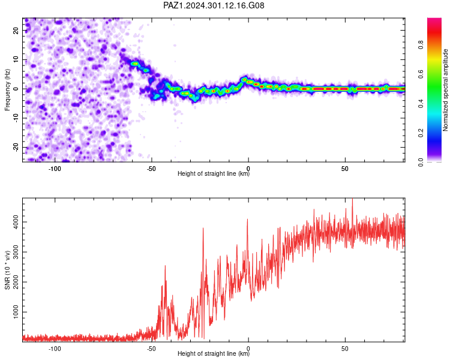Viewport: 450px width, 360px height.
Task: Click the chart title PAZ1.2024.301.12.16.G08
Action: point(214,5)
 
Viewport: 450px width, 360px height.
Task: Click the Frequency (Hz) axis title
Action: point(7,90)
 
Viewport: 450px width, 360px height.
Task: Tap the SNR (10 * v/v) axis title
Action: point(7,270)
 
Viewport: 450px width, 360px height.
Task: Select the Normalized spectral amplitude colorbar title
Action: point(445,90)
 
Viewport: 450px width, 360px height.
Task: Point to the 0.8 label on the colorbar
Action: point(421,45)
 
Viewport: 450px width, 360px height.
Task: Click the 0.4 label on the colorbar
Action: point(421,103)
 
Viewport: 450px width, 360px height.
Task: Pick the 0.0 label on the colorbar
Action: point(421,162)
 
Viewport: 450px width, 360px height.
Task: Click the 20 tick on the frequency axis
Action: point(16,30)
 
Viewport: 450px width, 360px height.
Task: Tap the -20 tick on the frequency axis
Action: point(16,148)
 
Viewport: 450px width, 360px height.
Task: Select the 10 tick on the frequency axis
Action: point(16,59)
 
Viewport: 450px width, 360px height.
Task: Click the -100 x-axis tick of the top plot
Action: point(55,169)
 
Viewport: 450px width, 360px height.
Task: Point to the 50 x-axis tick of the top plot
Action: point(345,169)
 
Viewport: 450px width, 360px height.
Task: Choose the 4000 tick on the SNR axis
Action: point(16,222)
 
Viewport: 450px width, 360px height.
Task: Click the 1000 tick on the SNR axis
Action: point(16,312)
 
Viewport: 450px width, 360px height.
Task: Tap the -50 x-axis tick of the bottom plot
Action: point(151,349)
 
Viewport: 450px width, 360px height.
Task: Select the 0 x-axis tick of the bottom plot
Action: point(248,349)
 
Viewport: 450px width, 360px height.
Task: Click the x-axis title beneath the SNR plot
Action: point(214,353)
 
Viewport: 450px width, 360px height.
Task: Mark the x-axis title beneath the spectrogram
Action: point(214,173)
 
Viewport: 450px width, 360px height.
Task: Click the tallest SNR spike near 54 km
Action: point(352,199)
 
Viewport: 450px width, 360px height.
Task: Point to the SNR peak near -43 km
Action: point(165,266)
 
